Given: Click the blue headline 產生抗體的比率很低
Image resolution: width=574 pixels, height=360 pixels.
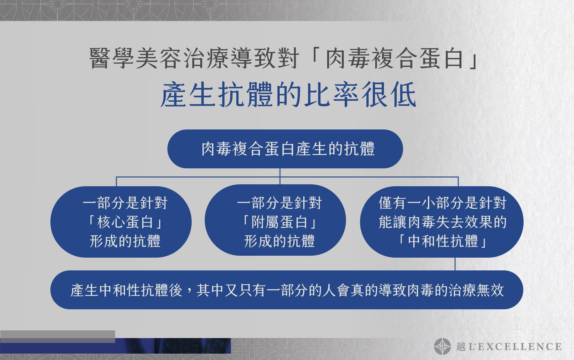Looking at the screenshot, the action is (288, 95).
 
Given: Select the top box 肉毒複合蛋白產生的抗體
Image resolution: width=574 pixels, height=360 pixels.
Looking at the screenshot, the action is (285, 149).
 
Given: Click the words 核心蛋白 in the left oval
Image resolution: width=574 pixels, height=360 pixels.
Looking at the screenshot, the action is (125, 222).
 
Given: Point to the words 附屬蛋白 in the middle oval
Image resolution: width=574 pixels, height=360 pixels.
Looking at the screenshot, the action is (279, 222).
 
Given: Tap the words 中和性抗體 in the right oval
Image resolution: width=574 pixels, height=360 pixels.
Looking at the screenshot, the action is (443, 241).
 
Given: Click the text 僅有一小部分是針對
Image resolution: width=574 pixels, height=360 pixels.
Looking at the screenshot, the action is (442, 203).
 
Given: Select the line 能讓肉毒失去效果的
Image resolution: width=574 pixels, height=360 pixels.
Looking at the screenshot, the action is (442, 222).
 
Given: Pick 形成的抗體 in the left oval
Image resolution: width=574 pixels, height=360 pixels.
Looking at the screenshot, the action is (125, 241).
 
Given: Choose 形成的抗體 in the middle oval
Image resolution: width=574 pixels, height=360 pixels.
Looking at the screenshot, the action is (279, 241).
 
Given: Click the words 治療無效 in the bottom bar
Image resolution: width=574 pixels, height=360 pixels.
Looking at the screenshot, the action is (476, 290).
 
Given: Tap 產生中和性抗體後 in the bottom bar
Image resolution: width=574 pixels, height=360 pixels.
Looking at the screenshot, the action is (126, 290).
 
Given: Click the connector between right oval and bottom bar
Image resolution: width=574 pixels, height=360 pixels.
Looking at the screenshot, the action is (455, 264).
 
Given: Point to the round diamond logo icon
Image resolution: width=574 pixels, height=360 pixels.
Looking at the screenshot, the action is (442, 346).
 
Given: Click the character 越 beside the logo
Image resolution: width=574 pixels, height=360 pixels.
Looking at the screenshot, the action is (461, 346).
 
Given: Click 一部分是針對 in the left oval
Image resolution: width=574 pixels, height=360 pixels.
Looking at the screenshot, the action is (125, 203).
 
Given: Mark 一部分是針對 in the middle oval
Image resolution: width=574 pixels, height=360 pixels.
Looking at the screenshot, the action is (279, 203).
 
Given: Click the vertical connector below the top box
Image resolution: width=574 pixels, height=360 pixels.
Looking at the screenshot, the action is (280, 176).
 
